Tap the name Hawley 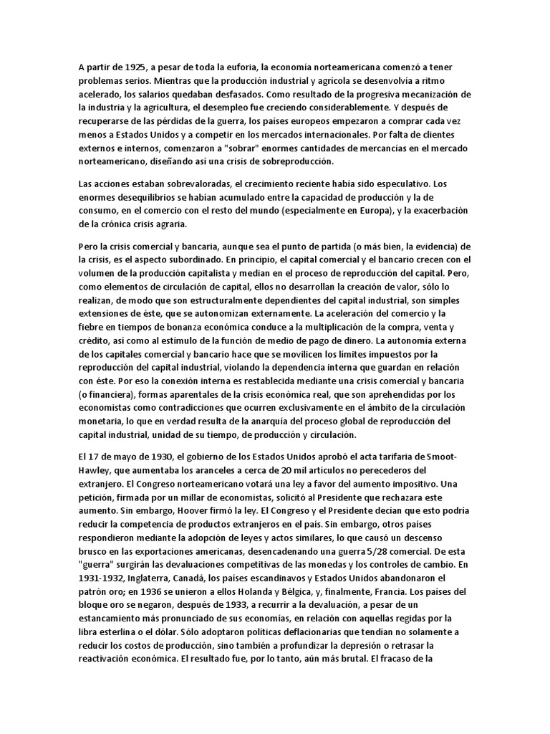point(96,470)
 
